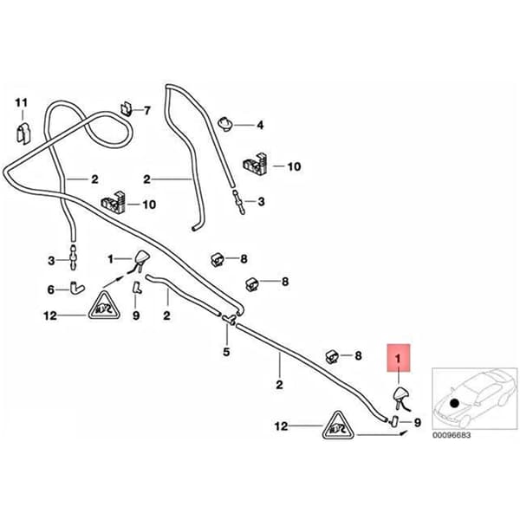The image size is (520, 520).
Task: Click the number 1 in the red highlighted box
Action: click(398, 359)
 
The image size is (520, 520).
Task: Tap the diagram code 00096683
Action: click(452, 435)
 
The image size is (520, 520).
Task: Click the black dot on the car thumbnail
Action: click(454, 403)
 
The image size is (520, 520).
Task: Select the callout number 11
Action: click(21, 103)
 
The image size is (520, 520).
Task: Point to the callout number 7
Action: click(147, 110)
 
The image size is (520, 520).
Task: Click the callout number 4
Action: click(260, 126)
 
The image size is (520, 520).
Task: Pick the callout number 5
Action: click(226, 352)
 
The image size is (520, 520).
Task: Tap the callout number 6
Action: click(51, 289)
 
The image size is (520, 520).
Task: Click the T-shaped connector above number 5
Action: click(229, 319)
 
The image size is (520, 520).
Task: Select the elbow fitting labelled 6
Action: click(76, 287)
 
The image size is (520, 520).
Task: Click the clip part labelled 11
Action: click(23, 133)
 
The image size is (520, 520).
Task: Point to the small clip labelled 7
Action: click(126, 108)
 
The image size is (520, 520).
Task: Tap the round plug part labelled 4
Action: click(225, 124)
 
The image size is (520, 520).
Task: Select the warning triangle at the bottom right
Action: click(338, 426)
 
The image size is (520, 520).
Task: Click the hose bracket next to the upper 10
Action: click(256, 164)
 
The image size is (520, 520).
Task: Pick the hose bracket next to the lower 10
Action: click(113, 202)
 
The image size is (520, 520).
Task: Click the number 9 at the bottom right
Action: click(417, 423)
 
